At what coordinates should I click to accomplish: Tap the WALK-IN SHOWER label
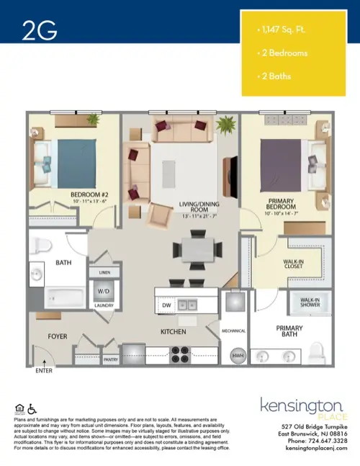tap(310, 302)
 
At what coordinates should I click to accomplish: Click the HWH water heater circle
tap(236, 356)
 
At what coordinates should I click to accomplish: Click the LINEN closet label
tap(102, 273)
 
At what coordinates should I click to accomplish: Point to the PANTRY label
tap(110, 359)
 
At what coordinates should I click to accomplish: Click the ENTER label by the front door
tap(44, 370)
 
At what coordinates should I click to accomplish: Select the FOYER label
tap(58, 336)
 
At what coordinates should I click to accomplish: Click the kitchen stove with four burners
tap(179, 353)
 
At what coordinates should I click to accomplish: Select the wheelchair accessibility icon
tap(30, 408)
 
